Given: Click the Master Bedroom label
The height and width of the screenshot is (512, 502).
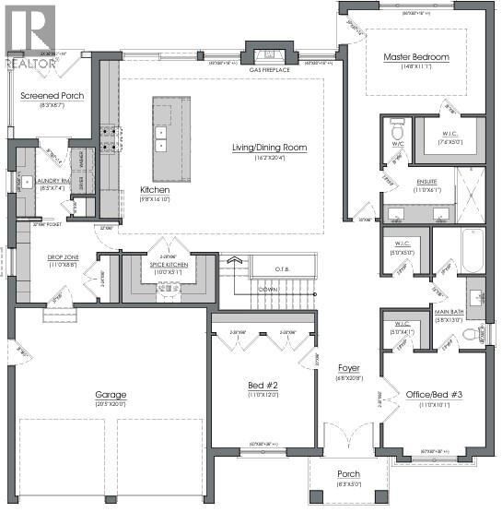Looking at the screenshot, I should pyautogui.click(x=416, y=57).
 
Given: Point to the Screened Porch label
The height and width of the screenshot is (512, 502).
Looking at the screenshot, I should pyautogui.click(x=53, y=95).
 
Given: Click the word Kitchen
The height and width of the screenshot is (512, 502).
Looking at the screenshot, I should pyautogui.click(x=155, y=189).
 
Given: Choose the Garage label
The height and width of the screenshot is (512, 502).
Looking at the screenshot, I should pyautogui.click(x=110, y=395).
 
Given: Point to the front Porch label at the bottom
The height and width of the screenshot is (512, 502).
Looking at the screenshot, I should pyautogui.click(x=348, y=474).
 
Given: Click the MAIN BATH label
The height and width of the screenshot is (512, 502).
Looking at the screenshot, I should pyautogui.click(x=449, y=312).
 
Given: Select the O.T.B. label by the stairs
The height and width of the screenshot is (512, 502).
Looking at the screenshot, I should pyautogui.click(x=283, y=268).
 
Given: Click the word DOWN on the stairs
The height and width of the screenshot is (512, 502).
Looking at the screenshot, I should pyautogui.click(x=268, y=288).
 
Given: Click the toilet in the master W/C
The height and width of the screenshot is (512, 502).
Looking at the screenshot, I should pyautogui.click(x=397, y=125).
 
